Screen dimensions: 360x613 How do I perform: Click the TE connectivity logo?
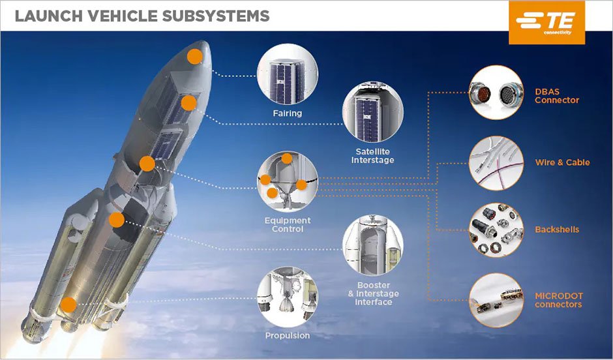pos(546,22)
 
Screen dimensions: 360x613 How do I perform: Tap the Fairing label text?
pos(288,113)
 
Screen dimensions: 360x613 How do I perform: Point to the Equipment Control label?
pos(288,224)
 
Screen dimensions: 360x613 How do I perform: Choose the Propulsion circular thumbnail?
pos(288,296)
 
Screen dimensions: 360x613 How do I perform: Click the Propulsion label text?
pos(288,335)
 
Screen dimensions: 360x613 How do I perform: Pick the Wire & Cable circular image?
pos(496,162)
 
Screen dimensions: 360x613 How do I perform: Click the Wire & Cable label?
pos(562,162)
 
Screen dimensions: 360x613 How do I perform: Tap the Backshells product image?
pos(496,230)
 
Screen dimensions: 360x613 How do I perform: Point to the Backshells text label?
pos(557,230)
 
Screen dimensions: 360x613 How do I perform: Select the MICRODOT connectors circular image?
pos(496,299)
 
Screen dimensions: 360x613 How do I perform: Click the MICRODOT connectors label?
pos(559,300)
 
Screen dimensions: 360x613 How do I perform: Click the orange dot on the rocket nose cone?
pos(194,56)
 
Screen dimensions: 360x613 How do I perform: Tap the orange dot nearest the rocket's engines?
pos(68,305)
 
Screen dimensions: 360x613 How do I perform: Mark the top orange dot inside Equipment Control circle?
pos(287,158)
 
